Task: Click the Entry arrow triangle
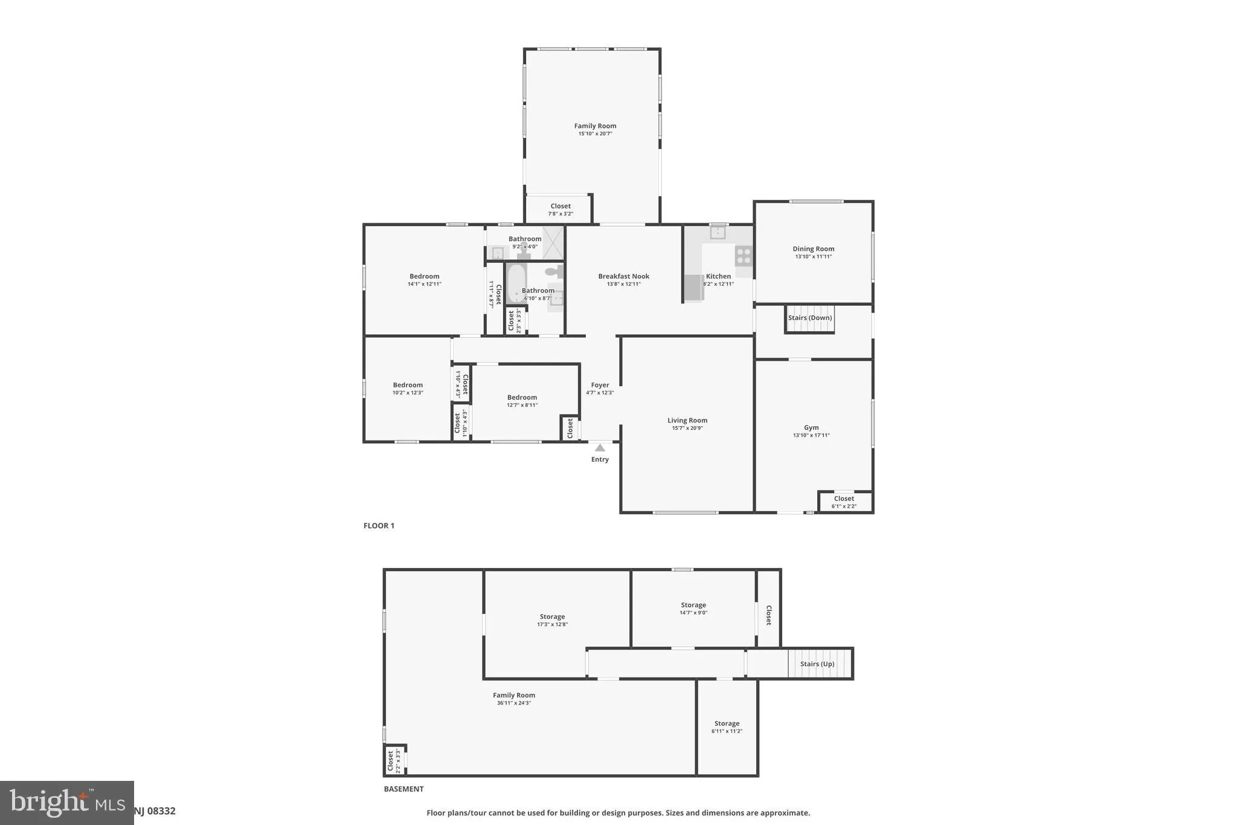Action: click(600, 448)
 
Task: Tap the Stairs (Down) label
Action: click(809, 318)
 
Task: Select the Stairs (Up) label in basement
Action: click(817, 664)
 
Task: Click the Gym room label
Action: click(811, 428)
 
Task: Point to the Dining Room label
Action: click(813, 249)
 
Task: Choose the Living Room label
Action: click(687, 421)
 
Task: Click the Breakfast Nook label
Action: click(623, 277)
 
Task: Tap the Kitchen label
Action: click(718, 277)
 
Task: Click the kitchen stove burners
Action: click(744, 256)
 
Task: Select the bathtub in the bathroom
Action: click(515, 283)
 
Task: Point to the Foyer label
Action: click(600, 385)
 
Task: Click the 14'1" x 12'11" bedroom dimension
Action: click(424, 284)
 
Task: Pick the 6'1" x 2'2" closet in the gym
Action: click(844, 502)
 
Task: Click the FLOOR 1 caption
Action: click(379, 526)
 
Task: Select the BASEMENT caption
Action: click(403, 789)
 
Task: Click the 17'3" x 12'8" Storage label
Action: click(552, 620)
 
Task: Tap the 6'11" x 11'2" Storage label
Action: click(727, 727)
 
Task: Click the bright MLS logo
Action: click(66, 803)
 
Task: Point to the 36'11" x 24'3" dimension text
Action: click(513, 703)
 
